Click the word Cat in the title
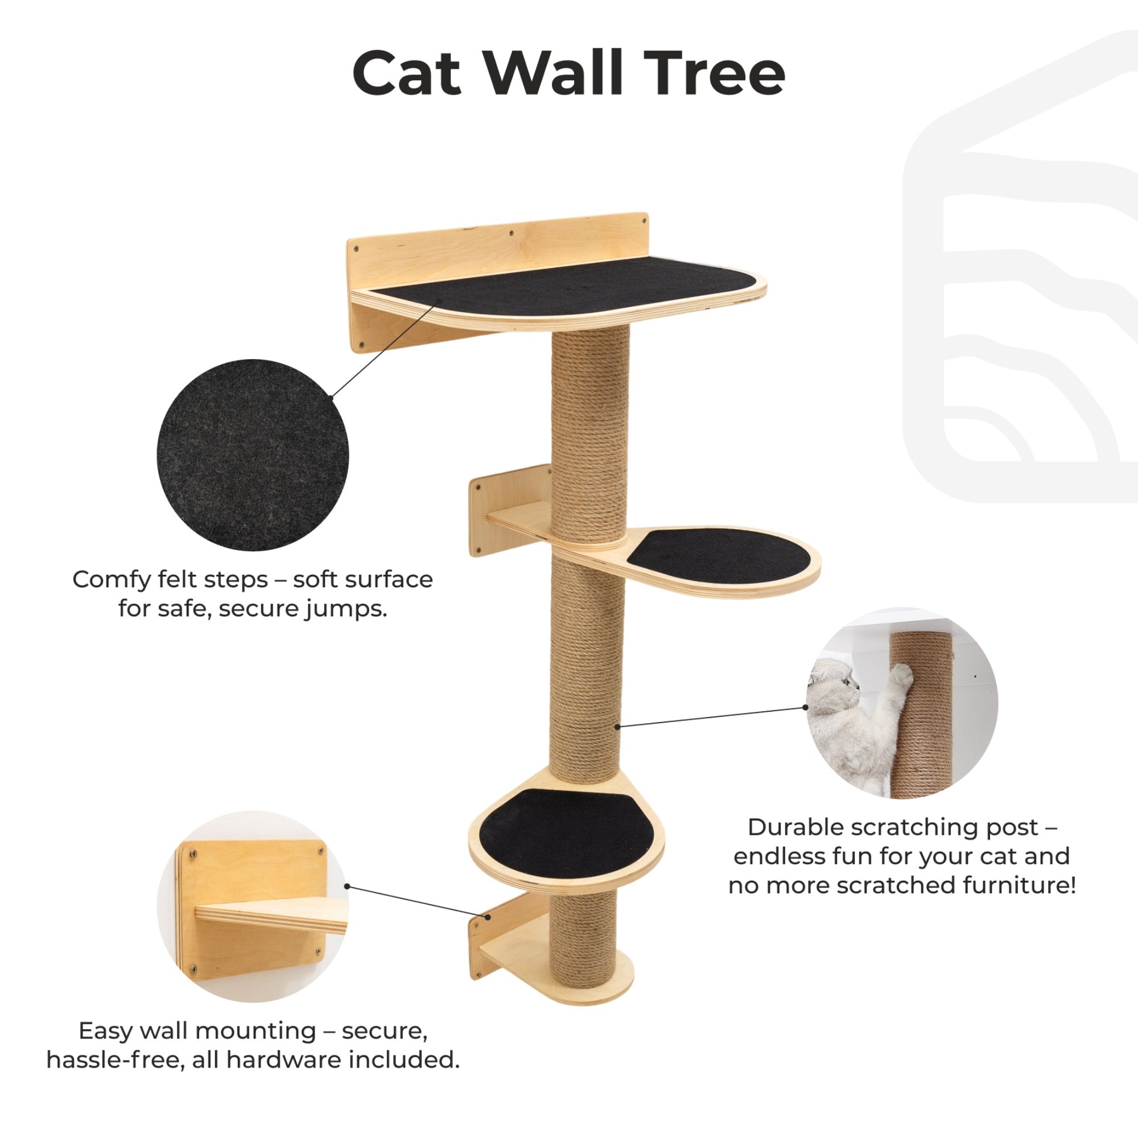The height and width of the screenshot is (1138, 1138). tap(406, 73)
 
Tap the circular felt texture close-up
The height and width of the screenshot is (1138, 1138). tap(253, 455)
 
